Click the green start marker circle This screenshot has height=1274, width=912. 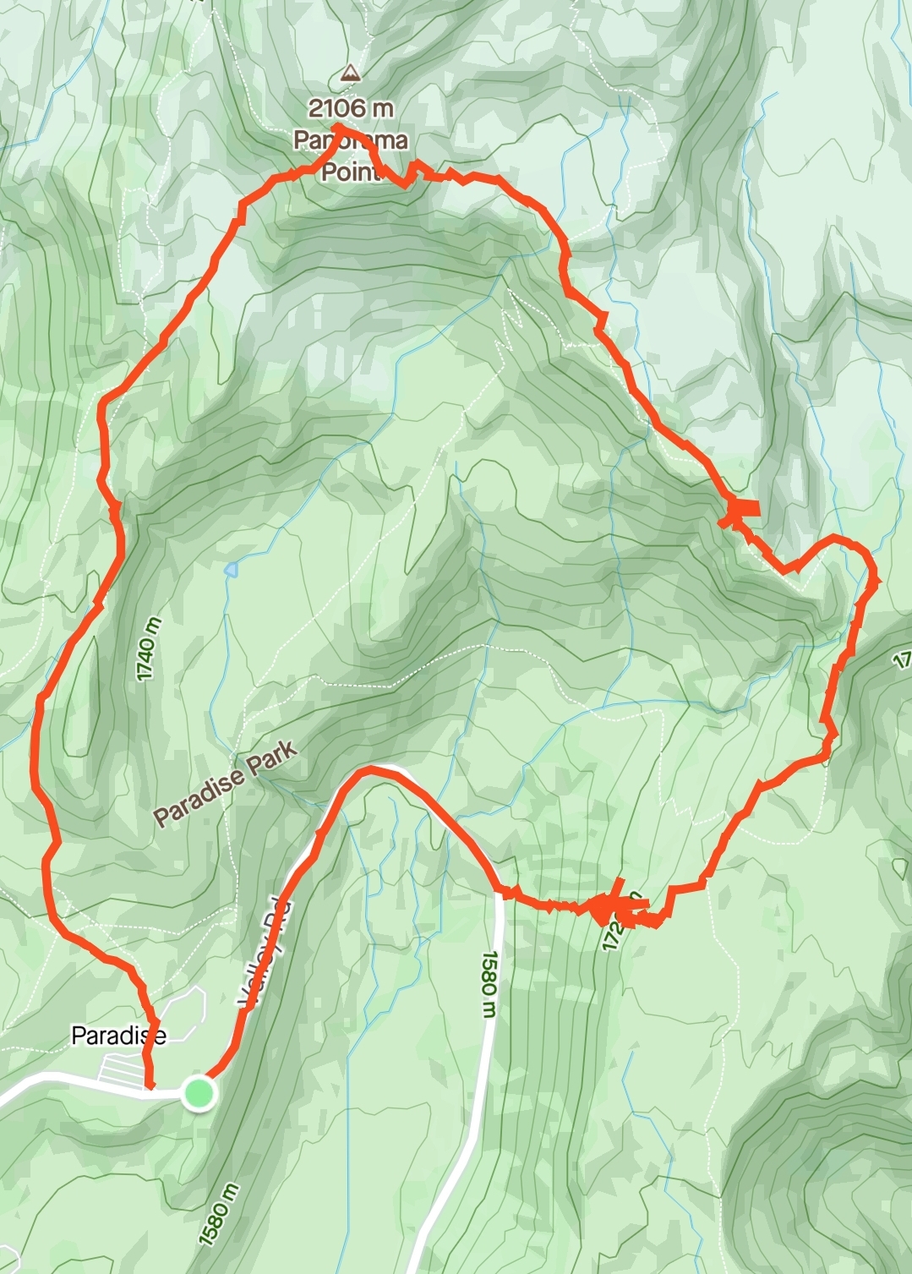pyautogui.click(x=199, y=1093)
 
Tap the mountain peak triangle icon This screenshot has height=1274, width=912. pyautogui.click(x=348, y=74)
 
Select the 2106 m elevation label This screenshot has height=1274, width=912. pyautogui.click(x=351, y=108)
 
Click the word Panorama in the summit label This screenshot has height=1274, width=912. pyautogui.click(x=351, y=139)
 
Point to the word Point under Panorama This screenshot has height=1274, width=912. pyautogui.click(x=352, y=172)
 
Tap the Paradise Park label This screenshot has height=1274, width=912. pyautogui.click(x=226, y=784)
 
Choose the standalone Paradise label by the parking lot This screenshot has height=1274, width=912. pyautogui.click(x=118, y=1035)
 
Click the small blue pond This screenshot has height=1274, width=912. pyautogui.click(x=231, y=569)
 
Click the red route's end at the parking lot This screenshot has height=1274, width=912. pyautogui.click(x=150, y=1085)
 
